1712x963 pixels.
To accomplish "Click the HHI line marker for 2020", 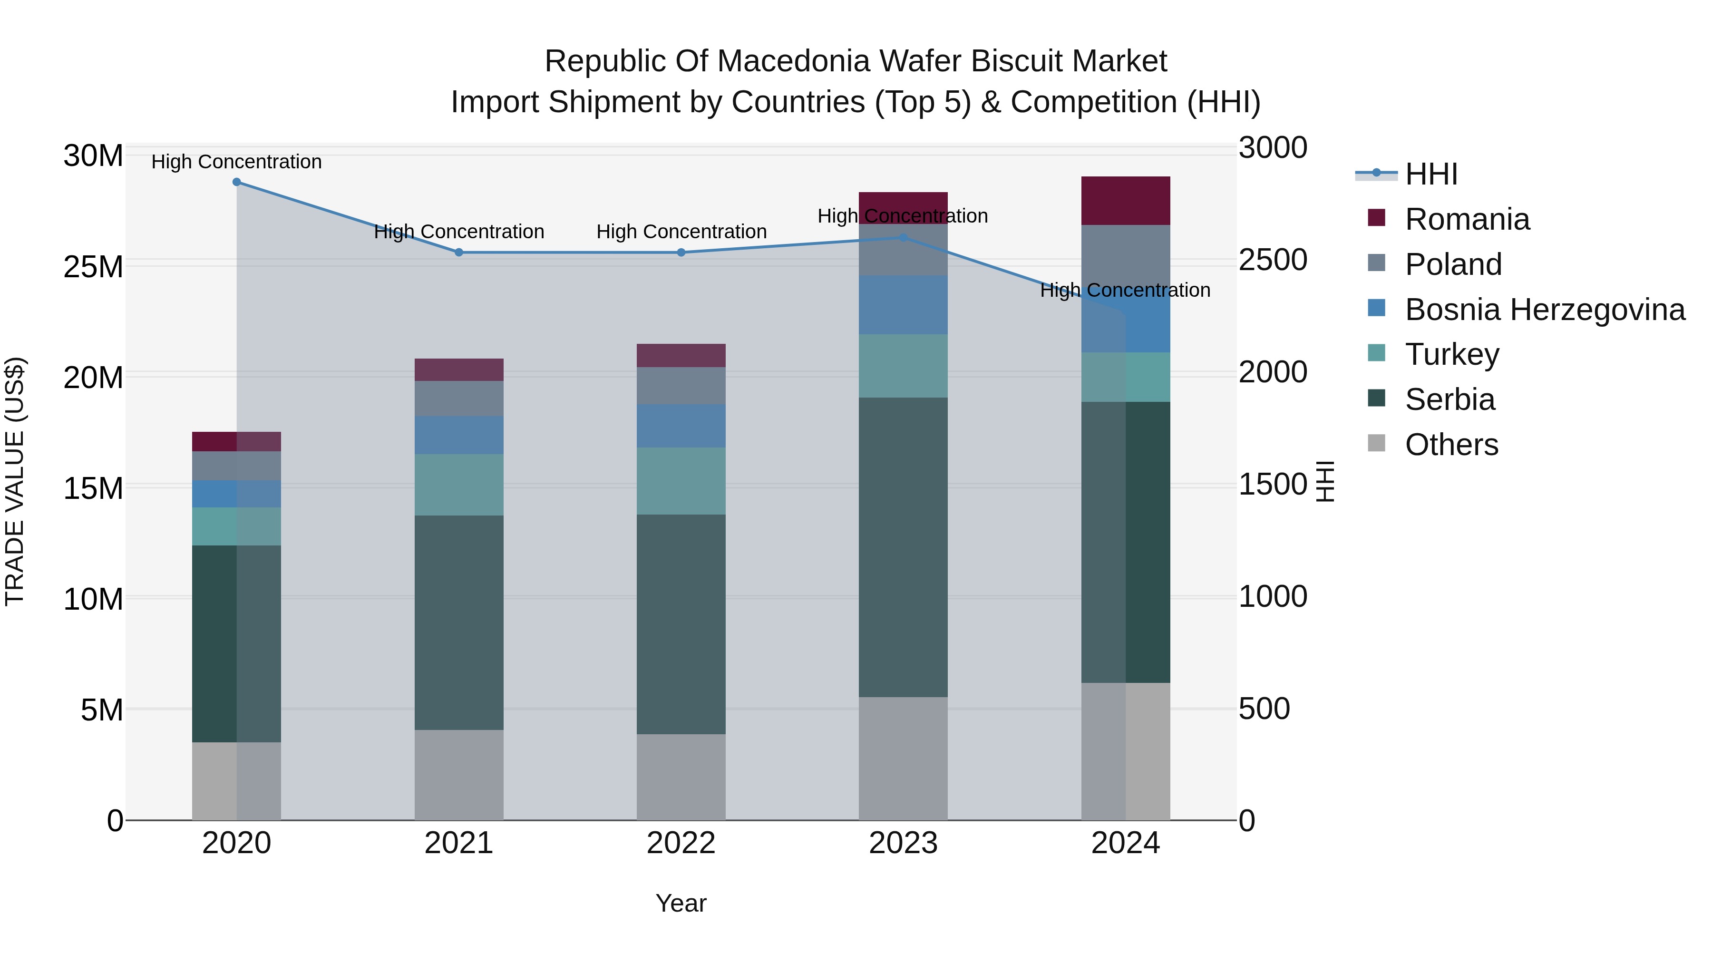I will pyautogui.click(x=237, y=182).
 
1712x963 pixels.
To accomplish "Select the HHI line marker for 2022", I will pyautogui.click(x=681, y=253).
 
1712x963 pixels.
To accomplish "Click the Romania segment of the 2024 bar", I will pyautogui.click(x=1125, y=201).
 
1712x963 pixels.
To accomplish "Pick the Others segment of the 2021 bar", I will pyautogui.click(x=458, y=775).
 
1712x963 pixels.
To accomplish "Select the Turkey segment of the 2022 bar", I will pyautogui.click(x=681, y=481).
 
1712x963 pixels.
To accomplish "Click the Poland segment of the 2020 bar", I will pyautogui.click(x=237, y=466).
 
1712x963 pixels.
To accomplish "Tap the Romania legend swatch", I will pyautogui.click(x=1376, y=218).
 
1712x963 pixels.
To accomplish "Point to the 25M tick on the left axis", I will pyautogui.click(x=93, y=267).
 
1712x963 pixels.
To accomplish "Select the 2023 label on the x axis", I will pyautogui.click(x=903, y=843).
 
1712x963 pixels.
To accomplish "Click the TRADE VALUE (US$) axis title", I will pyautogui.click(x=15, y=481).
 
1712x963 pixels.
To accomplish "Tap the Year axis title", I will pyautogui.click(x=681, y=903).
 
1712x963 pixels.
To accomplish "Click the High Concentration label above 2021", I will pyautogui.click(x=458, y=232).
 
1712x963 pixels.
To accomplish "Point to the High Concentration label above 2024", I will pyautogui.click(x=1125, y=291).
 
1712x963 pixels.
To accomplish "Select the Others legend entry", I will pyautogui.click(x=1451, y=445).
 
